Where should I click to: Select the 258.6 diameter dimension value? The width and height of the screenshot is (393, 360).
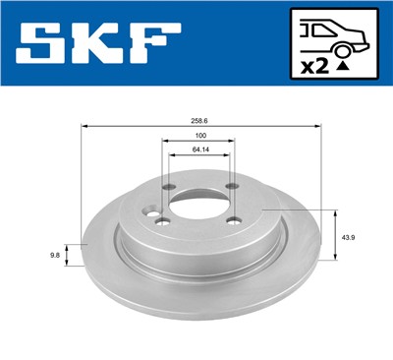click(x=199, y=120)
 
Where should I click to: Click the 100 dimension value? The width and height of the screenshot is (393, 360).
click(x=199, y=136)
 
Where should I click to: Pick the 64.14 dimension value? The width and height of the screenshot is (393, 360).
click(x=199, y=150)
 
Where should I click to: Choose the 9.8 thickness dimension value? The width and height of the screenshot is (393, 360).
click(x=54, y=253)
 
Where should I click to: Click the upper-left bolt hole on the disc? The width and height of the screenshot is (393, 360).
click(x=169, y=188)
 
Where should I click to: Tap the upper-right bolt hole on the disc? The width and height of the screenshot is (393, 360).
click(x=233, y=187)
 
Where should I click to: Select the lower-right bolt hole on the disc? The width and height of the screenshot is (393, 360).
click(x=231, y=220)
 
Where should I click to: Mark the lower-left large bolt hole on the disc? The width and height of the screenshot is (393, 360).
click(x=163, y=221)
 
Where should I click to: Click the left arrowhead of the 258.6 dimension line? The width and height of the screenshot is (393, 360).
click(x=84, y=127)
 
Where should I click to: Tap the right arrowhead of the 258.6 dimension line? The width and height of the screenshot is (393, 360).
click(x=319, y=127)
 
